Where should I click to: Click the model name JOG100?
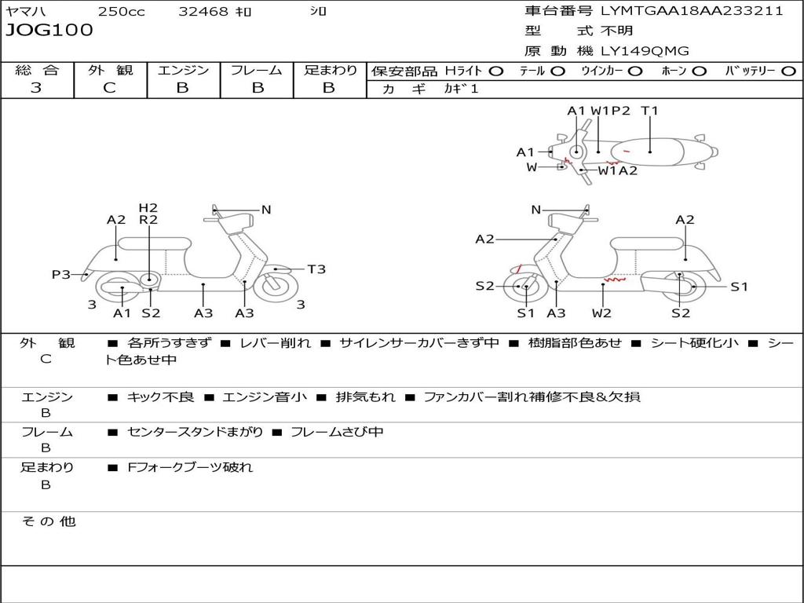tap(49, 31)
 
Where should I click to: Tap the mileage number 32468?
tap(203, 12)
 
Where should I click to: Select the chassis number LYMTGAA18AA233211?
tap(692, 12)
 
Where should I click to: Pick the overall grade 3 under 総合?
tap(36, 88)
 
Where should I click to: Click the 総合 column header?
tap(37, 70)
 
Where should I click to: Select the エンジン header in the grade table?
tap(183, 70)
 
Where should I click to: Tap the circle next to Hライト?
tap(495, 71)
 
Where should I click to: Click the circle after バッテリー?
tap(788, 71)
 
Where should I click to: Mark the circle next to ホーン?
tap(699, 71)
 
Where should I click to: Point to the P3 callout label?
tap(61, 274)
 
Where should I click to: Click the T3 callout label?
tap(316, 269)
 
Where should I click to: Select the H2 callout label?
tap(148, 208)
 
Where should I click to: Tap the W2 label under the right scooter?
tap(601, 312)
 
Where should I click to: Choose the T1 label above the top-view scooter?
tap(649, 111)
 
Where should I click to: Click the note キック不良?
tap(160, 397)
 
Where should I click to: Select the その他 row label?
tap(48, 521)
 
